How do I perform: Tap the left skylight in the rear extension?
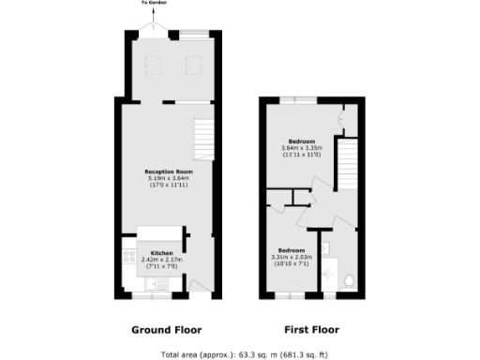click(152, 65)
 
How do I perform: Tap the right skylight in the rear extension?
click(193, 65)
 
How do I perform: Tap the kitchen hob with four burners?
click(128, 256)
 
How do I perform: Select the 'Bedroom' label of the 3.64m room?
click(301, 141)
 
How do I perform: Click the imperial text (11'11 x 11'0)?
click(301, 154)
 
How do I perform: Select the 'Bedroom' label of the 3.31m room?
click(292, 249)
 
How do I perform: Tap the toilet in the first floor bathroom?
click(348, 279)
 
